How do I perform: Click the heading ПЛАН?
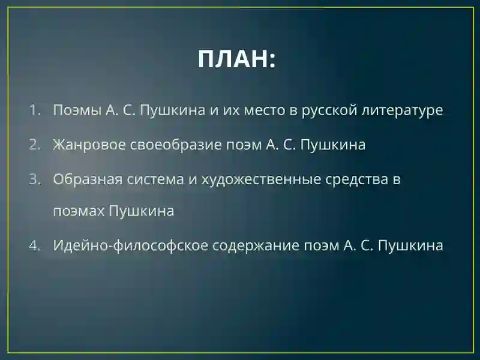pyautogui.click(x=236, y=59)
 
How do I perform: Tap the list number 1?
pyautogui.click(x=35, y=110)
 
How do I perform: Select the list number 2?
pyautogui.click(x=35, y=145)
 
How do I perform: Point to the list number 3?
pyautogui.click(x=35, y=179)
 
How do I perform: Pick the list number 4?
pyautogui.click(x=35, y=245)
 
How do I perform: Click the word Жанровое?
pyautogui.click(x=89, y=145)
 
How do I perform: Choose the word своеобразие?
pyautogui.click(x=176, y=145)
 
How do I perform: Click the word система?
pyautogui.click(x=155, y=180)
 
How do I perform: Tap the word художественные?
pyautogui.click(x=261, y=180)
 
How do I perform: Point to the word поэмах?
pyautogui.click(x=79, y=211)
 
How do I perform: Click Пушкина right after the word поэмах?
pyautogui.click(x=142, y=212)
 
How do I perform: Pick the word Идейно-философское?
pyautogui.click(x=130, y=245)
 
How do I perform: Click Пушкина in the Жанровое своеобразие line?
pyautogui.click(x=333, y=145)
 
